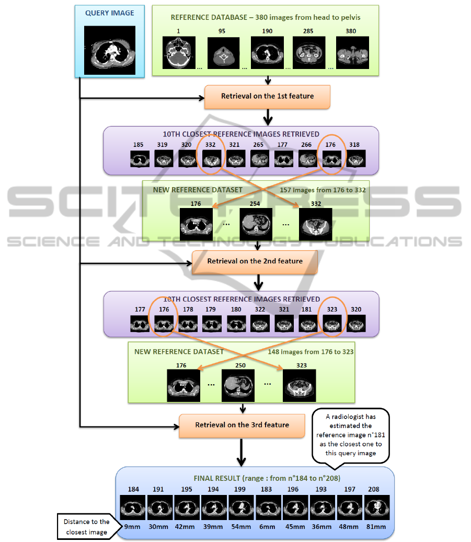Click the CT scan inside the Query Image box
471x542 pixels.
(x=110, y=50)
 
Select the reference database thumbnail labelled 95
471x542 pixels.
(x=223, y=53)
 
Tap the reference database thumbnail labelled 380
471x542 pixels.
(x=352, y=53)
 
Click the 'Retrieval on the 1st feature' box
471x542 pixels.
(x=267, y=97)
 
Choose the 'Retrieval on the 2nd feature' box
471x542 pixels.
(x=255, y=262)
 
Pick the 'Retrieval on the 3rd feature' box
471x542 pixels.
(x=242, y=426)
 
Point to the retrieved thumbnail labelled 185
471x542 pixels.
(x=140, y=159)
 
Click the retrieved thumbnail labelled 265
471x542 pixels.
(x=260, y=159)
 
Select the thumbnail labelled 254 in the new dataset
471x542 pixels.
(x=256, y=224)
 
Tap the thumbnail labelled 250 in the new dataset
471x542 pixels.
(x=238, y=385)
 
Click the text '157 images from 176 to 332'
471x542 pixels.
(x=323, y=190)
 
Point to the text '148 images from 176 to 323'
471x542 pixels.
(x=311, y=352)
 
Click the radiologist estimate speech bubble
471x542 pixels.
(x=351, y=435)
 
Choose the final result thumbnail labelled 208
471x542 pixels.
(x=377, y=508)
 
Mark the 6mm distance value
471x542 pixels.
(x=267, y=527)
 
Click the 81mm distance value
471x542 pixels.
(x=376, y=527)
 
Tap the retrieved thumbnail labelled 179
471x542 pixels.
(x=212, y=324)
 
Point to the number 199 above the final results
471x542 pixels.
(x=239, y=489)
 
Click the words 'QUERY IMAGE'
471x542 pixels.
(x=110, y=13)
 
